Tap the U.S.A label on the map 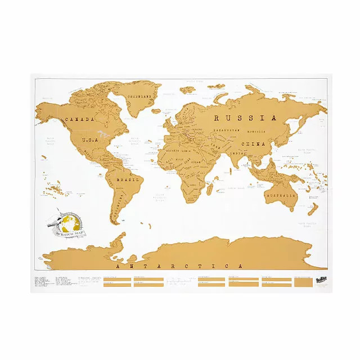(x=91, y=139)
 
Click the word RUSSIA (x=245, y=118)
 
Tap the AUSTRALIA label (x=281, y=195)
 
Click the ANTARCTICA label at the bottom (x=178, y=265)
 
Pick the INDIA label (x=238, y=152)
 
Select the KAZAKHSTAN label (x=229, y=130)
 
